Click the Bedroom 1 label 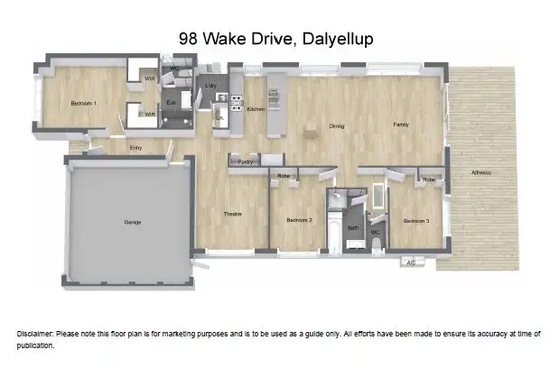(83, 104)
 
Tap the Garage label (133, 222)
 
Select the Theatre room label (232, 213)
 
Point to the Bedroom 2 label (299, 220)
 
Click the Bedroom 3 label (415, 221)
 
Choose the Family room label (402, 124)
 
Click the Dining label (337, 125)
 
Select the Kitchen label (255, 109)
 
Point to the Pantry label (244, 161)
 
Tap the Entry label (135, 147)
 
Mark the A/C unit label (411, 262)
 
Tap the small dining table (311, 133)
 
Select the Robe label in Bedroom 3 (429, 179)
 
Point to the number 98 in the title (190, 39)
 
